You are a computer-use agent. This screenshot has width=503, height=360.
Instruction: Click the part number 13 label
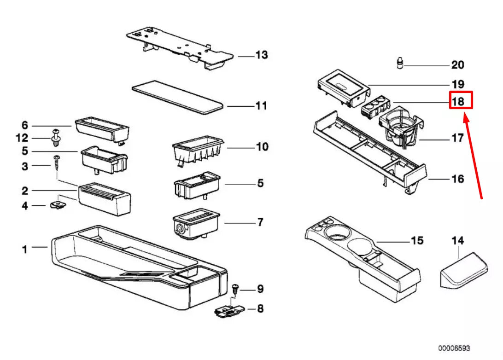coord(262,55)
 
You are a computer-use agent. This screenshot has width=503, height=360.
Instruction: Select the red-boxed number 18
coord(461,100)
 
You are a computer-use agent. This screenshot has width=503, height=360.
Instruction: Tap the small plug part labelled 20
coord(399,63)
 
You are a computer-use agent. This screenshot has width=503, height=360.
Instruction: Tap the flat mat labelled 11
coord(177,97)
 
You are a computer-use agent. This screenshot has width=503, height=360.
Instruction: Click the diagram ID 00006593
coord(454,348)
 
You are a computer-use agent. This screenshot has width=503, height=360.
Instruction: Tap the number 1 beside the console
coord(25,249)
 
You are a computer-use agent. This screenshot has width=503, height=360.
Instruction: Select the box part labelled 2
coord(105,199)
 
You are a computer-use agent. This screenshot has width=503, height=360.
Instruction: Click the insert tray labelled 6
coord(102,130)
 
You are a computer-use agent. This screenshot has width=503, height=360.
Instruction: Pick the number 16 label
coord(457,179)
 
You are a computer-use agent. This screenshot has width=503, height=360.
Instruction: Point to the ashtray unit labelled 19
coord(342,87)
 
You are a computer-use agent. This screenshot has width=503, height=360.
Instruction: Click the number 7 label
coord(260,222)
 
